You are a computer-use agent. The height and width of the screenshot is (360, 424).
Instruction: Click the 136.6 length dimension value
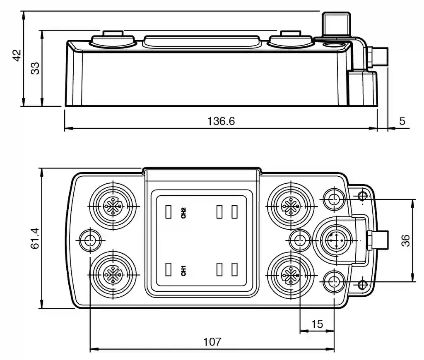point(221,121)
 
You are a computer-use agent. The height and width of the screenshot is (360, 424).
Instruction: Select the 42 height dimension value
point(17,55)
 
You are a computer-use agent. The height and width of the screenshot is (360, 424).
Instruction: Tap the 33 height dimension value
point(36,67)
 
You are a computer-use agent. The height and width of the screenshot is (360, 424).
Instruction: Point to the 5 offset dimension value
point(402,121)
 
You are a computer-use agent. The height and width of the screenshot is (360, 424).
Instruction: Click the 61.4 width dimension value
point(35,238)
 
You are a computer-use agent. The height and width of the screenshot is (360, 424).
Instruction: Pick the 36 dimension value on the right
point(406,240)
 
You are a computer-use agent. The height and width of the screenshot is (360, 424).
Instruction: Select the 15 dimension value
point(317,324)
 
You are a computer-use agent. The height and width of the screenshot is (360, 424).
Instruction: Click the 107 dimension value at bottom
point(212,343)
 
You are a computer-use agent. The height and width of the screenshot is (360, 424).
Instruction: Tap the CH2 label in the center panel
point(183,213)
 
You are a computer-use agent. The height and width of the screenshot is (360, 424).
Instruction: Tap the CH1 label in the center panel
point(183,271)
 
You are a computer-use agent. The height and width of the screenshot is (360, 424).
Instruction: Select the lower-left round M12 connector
point(112,273)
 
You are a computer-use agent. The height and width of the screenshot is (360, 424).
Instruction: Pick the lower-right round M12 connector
point(290,273)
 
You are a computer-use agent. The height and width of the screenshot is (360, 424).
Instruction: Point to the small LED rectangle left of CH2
point(168,212)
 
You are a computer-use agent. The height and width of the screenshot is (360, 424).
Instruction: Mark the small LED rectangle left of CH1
point(168,269)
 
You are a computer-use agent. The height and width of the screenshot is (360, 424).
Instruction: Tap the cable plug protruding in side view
point(379,57)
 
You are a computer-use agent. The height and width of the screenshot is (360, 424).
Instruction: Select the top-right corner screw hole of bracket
point(363,196)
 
